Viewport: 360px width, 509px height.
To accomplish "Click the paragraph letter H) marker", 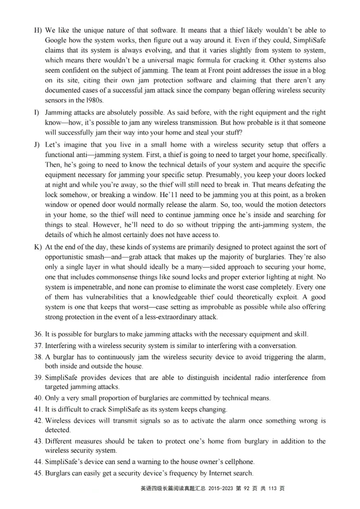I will (x=37, y=31).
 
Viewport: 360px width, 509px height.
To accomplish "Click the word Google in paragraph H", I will (x=57, y=40).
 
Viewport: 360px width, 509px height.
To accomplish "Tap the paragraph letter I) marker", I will (x=36, y=112).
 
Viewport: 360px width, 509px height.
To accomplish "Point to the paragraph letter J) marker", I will (x=37, y=145).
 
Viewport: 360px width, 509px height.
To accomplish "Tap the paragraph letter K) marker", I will (x=37, y=247).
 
